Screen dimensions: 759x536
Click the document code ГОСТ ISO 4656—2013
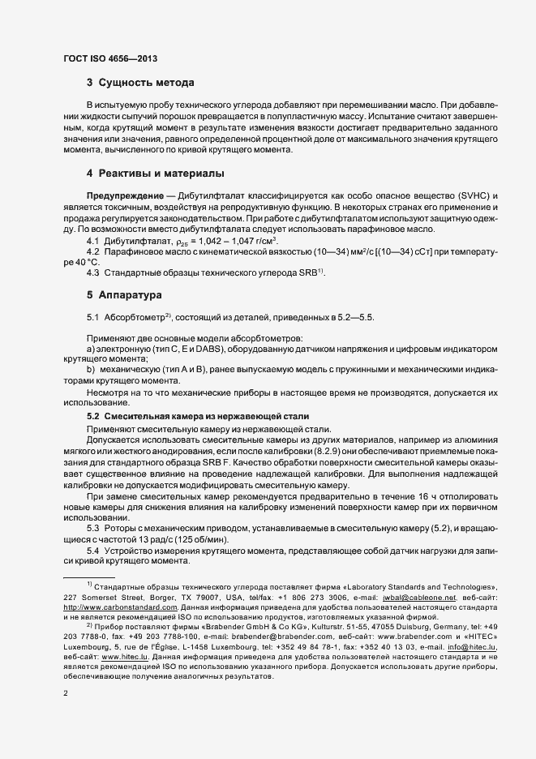pos(109,59)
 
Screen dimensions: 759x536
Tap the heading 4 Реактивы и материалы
pos(155,174)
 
